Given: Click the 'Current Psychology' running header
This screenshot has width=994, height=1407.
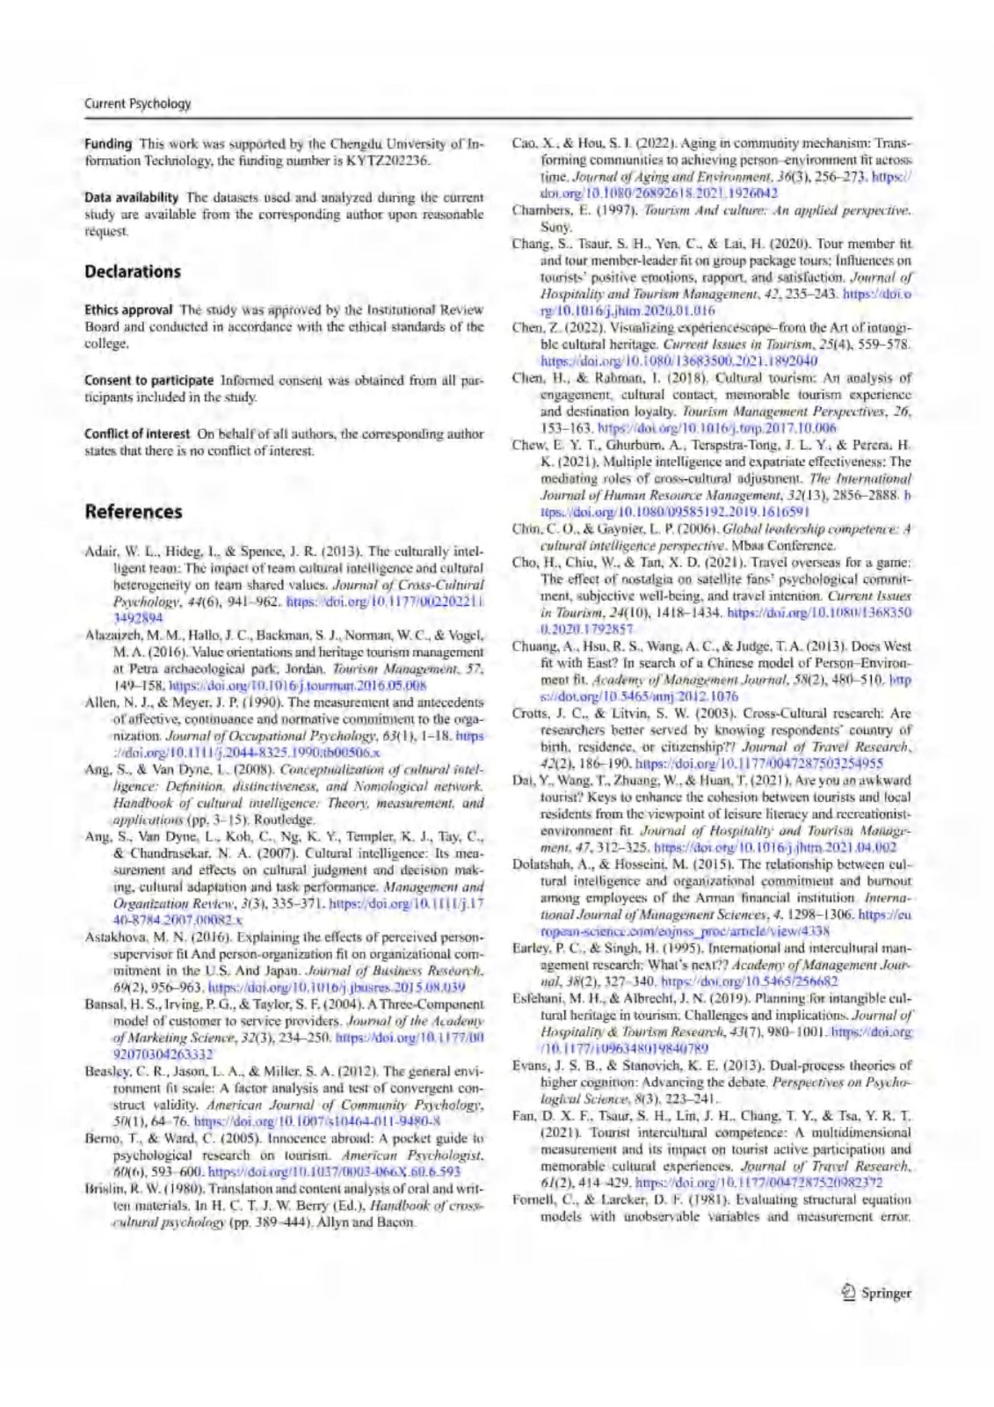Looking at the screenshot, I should (137, 103).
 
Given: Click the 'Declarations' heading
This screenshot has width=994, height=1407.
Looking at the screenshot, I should (133, 271).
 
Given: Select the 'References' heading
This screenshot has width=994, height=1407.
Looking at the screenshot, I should (134, 511).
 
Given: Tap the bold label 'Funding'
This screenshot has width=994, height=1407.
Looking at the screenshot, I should (108, 143).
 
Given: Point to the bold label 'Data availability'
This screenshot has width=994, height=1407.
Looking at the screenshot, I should (131, 197).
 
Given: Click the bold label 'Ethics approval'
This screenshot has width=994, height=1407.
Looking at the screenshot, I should (128, 310).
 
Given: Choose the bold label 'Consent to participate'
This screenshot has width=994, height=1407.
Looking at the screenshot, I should (149, 380).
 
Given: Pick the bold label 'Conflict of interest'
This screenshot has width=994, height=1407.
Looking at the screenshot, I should (136, 434).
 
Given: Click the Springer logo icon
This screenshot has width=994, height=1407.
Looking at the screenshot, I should (848, 1293).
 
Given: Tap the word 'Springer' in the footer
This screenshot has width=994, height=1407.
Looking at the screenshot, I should (886, 1293).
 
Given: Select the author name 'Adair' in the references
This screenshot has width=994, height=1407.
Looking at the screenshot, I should (98, 552).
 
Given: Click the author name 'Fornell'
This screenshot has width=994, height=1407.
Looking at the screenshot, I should (533, 1199).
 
